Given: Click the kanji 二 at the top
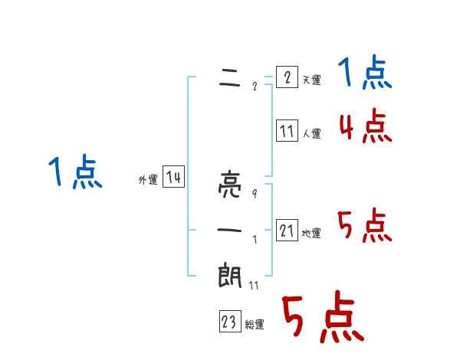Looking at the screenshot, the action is tap(230, 77).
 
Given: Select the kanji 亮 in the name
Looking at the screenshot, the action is tap(230, 186).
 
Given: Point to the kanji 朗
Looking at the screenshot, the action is tap(230, 274).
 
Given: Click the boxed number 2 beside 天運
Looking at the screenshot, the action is tap(286, 77).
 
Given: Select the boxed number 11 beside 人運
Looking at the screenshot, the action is tap(286, 131).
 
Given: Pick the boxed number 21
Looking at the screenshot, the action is tap(286, 231).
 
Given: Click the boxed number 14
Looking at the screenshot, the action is tap(173, 178).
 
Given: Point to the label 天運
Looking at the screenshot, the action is tap(311, 80).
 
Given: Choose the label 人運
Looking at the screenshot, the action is tap(311, 133).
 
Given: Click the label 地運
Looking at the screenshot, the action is tap(311, 233).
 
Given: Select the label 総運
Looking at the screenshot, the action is tap(255, 325).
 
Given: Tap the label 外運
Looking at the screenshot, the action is tap(148, 180).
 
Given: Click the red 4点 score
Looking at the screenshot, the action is tap(365, 126).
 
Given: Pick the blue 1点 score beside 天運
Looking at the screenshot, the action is tap(365, 74).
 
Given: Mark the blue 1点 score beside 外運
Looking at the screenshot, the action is tap(75, 172).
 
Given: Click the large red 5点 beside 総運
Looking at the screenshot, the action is tap(322, 318).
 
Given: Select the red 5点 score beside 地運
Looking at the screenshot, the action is tap(365, 226).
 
